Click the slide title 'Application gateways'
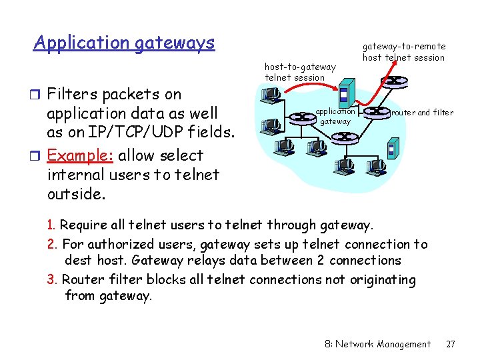(x=124, y=43)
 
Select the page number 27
(x=451, y=344)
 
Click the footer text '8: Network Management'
(x=377, y=344)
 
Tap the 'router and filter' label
(x=422, y=112)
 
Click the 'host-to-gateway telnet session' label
(x=300, y=72)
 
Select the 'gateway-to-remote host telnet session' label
(x=403, y=52)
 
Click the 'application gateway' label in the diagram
(x=335, y=116)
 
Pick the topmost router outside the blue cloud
(x=395, y=81)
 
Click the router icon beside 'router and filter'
(x=377, y=112)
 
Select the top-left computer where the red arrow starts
(x=271, y=96)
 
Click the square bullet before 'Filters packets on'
(x=38, y=94)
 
